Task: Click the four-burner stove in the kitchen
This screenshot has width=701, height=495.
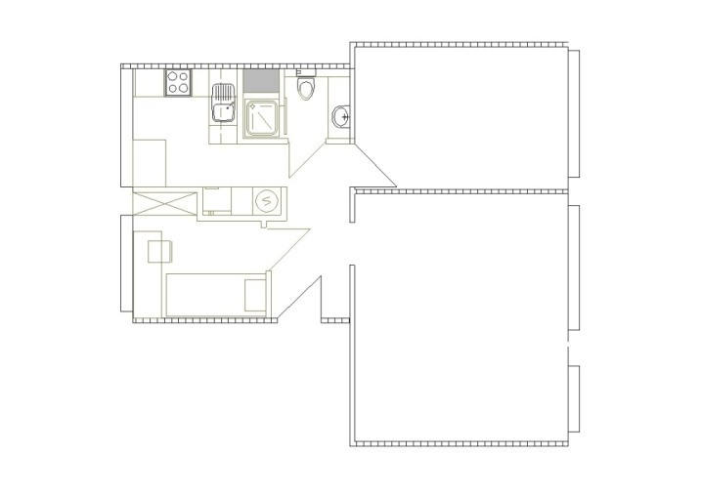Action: (178, 82)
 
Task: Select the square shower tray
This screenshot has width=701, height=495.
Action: (262, 117)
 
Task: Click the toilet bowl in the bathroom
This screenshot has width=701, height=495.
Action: (306, 90)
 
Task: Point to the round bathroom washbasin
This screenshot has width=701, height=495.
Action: (341, 116)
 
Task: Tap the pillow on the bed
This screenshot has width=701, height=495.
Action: (254, 293)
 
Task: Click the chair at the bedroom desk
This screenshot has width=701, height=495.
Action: (158, 251)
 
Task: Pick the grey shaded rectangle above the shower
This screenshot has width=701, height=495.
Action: (261, 82)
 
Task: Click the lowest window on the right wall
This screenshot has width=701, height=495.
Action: (577, 400)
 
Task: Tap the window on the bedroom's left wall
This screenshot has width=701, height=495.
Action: (124, 264)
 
